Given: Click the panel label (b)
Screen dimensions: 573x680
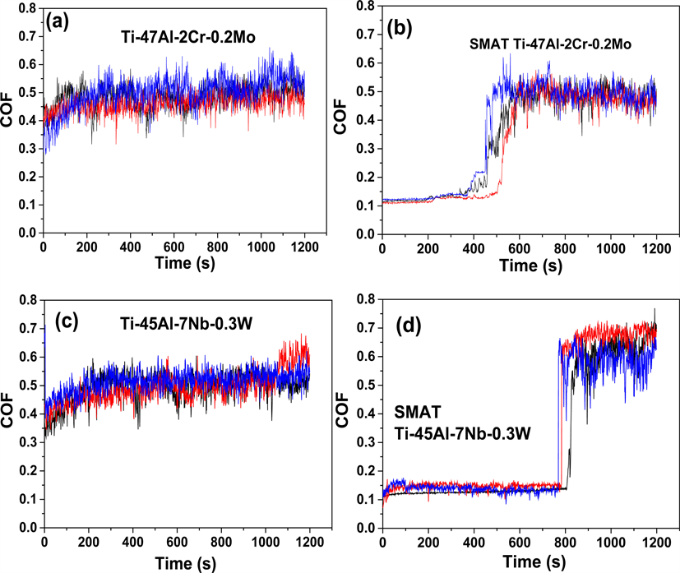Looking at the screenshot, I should click(403, 32).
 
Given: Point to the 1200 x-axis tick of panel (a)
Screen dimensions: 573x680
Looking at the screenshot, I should click(304, 246).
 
